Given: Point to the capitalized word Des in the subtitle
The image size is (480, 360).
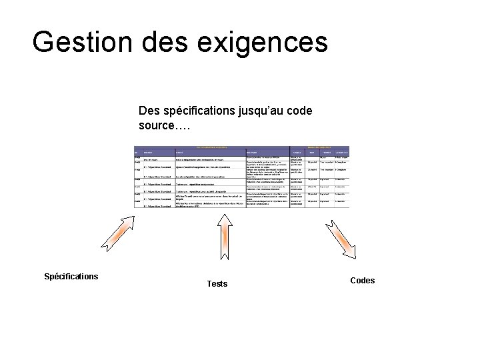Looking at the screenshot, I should click(149, 109).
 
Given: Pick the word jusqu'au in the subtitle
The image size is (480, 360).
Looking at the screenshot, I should click(260, 110).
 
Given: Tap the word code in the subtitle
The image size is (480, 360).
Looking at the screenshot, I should click(299, 109).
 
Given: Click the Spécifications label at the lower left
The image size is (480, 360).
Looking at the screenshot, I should click(71, 276).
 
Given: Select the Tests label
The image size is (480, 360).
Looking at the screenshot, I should click(217, 284).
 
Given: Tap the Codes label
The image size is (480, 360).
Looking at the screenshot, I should click(362, 281).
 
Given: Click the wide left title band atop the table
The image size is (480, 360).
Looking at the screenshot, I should click(211, 147).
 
